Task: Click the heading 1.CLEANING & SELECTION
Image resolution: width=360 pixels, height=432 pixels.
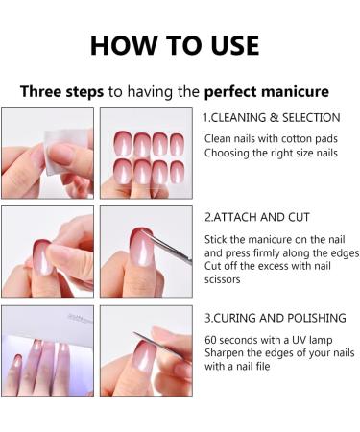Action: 271,117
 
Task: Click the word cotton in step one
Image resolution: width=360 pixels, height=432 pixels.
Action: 293,140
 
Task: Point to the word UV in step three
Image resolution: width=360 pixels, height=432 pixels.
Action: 299,340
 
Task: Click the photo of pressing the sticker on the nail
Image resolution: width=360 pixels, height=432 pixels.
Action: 47,251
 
